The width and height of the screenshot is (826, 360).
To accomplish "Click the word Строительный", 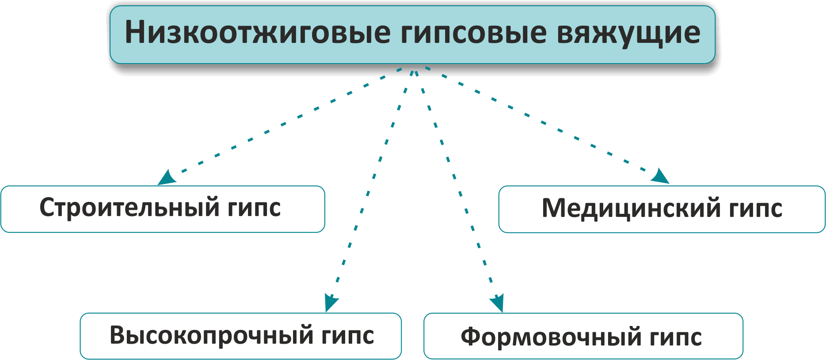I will (x=129, y=208).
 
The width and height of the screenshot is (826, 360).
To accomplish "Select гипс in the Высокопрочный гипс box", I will (x=348, y=336).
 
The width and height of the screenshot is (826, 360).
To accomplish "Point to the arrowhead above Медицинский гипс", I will (x=661, y=176).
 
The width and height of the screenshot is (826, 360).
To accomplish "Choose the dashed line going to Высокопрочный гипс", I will (x=371, y=186).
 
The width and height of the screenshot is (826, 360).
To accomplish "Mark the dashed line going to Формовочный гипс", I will (x=457, y=186).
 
